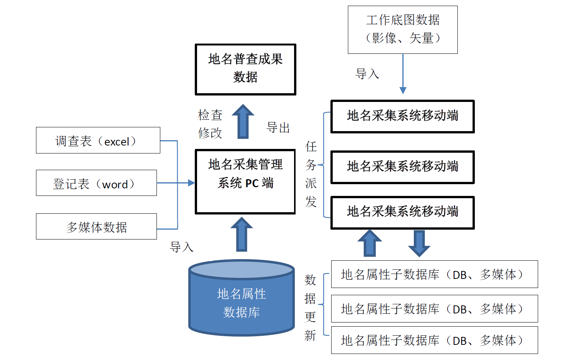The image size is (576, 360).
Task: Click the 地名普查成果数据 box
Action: pos(245,69)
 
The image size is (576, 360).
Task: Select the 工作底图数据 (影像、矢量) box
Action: pos(402,30)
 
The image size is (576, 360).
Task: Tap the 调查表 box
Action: pos(98,140)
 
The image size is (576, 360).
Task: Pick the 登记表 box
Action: pos(96,183)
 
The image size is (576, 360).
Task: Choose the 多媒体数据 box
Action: pos(96,227)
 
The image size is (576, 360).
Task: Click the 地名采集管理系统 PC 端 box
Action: pos(245,182)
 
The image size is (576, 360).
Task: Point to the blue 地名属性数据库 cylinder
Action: pos(241,299)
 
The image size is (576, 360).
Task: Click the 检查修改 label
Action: pos(210,124)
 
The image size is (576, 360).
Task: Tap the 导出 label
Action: pos(278,128)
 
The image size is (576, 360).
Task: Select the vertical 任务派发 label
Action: pos(311,174)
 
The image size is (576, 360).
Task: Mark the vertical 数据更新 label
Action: pos(310,307)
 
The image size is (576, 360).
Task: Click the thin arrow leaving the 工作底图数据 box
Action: pos(403,74)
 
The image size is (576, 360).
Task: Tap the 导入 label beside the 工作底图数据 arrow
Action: pos(367,74)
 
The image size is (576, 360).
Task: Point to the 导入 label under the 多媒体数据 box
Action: pos(182,247)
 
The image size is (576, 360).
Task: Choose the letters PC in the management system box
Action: pos(252,183)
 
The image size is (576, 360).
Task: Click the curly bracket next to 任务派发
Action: pos(325,165)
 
